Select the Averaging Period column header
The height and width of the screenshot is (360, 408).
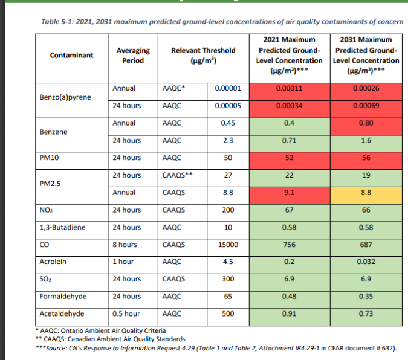[133, 55]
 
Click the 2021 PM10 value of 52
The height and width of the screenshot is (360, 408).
[293, 158]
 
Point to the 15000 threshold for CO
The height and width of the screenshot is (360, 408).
[228, 245]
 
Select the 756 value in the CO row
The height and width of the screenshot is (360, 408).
[293, 245]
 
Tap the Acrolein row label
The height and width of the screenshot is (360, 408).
[53, 263]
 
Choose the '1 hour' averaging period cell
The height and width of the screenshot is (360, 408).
[124, 263]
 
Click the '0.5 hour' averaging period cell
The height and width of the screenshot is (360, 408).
[126, 315]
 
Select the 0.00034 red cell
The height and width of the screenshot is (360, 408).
[293, 106]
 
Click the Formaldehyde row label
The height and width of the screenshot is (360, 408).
[61, 297]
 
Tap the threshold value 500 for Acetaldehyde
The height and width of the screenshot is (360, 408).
[228, 315]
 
